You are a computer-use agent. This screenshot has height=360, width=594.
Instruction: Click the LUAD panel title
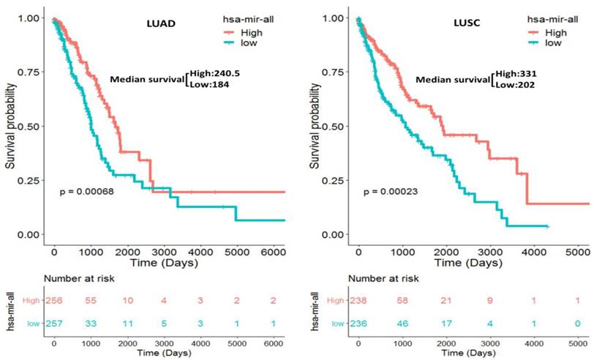pyautogui.click(x=162, y=25)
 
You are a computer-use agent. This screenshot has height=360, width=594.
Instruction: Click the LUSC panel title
pyautogui.click(x=466, y=25)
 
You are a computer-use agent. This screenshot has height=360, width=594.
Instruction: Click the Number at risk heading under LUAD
pyautogui.click(x=77, y=279)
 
